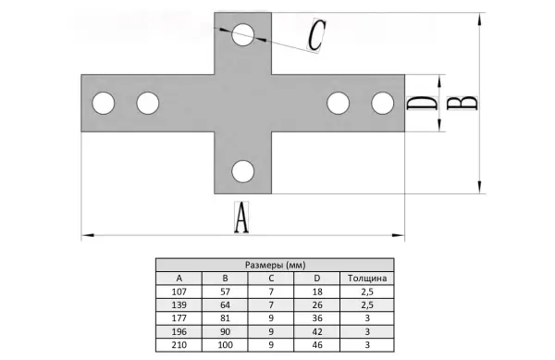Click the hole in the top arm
tap(242, 34)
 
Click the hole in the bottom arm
tap(242, 171)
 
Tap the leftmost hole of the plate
tap(104, 103)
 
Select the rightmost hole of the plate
tap(383, 103)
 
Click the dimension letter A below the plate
tap(241, 217)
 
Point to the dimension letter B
tap(462, 103)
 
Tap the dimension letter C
tap(316, 35)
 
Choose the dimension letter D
tap(422, 103)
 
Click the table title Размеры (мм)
tap(275, 265)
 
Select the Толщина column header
tap(367, 279)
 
